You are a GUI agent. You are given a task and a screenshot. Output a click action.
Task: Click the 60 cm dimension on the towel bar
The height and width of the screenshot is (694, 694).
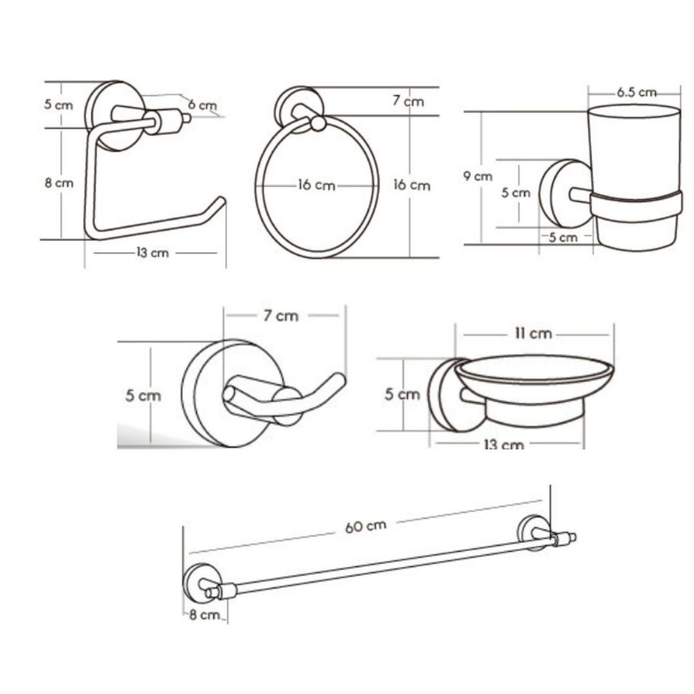[x=365, y=526]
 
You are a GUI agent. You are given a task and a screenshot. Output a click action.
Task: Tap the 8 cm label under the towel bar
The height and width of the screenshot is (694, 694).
[x=204, y=615]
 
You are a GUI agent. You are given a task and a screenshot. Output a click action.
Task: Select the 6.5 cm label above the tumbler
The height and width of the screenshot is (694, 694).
[x=636, y=92]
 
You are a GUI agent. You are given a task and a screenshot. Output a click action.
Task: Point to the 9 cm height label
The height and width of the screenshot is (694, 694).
[x=478, y=176]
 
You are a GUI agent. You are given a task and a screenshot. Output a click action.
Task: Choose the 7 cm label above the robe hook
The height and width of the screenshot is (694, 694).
[x=281, y=316]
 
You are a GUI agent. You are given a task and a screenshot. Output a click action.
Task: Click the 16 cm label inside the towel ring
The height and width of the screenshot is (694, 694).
[x=316, y=186]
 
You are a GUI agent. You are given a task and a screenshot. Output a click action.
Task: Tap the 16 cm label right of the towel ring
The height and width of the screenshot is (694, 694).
[x=412, y=185]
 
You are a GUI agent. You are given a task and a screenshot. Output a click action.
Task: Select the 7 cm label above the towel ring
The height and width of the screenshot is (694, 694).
[x=408, y=101]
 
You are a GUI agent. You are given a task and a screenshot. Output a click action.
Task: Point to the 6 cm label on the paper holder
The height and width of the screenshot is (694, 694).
[x=202, y=105]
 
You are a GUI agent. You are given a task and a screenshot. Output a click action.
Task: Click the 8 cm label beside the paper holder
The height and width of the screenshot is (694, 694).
[x=59, y=183]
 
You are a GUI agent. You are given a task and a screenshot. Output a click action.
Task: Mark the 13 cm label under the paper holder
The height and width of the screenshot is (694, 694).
[x=153, y=253]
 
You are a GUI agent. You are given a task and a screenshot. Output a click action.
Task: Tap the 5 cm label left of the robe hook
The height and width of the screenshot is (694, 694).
[x=143, y=396]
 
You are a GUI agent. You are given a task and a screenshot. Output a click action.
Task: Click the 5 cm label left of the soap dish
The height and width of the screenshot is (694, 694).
[x=403, y=394]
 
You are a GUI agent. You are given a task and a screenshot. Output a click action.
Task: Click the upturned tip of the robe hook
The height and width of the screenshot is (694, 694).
[x=339, y=378]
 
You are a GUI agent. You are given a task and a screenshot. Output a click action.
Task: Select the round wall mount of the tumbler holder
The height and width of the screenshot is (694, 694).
[x=566, y=193]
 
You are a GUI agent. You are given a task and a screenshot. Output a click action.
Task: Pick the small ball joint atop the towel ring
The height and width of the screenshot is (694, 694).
[x=318, y=124]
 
